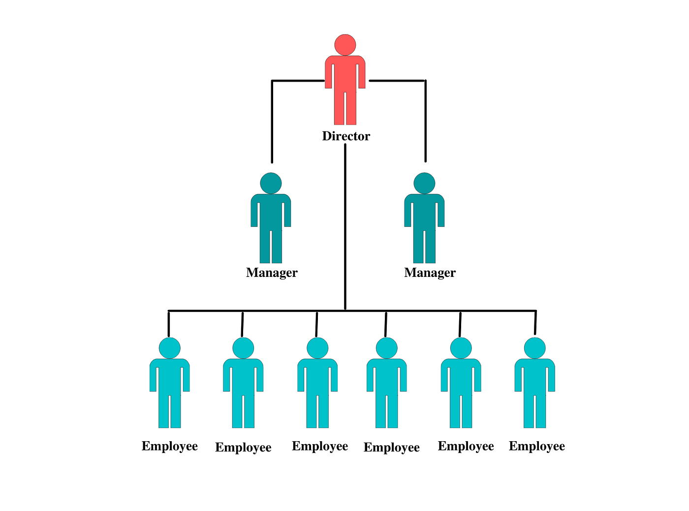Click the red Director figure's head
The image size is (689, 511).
[x=345, y=45]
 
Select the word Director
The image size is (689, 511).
[x=346, y=136]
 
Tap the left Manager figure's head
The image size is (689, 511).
[x=271, y=183]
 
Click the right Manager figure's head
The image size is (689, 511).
[x=424, y=183]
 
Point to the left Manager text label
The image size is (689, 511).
[x=272, y=273]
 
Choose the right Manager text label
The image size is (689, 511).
[x=430, y=273]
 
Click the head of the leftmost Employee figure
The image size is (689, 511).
[x=169, y=348]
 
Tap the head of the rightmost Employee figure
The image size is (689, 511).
[x=534, y=348]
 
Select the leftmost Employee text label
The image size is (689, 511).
[x=170, y=447]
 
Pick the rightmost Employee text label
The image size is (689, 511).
[x=537, y=447]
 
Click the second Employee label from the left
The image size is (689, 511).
[x=243, y=448]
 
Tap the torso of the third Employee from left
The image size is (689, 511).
[x=317, y=377]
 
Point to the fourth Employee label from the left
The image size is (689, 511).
[x=391, y=448]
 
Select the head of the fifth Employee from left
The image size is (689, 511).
[x=461, y=348]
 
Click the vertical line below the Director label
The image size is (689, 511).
[x=345, y=227]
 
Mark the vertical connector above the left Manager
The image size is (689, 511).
[x=272, y=121]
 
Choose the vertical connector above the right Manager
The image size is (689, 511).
[x=425, y=121]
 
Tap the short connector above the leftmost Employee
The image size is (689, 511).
[x=169, y=324]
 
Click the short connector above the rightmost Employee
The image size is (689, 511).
[x=535, y=323]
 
